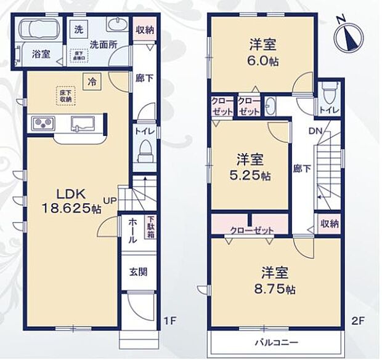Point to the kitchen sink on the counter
click(82, 122)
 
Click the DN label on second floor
click(314, 130)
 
